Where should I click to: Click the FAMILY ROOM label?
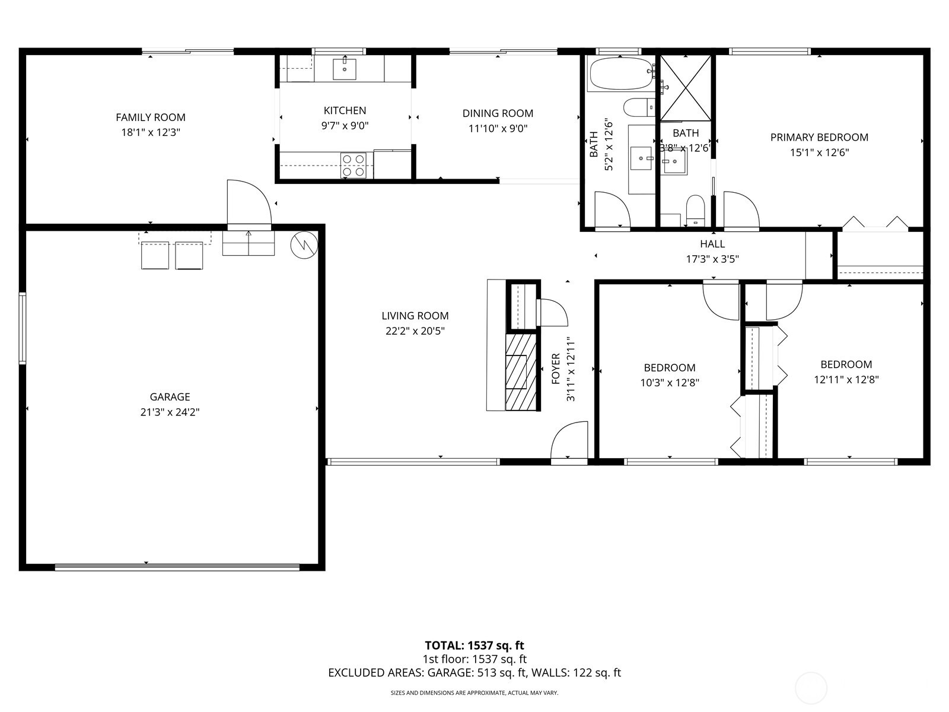150,117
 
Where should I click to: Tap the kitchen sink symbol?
345,69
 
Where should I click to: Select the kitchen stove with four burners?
354,166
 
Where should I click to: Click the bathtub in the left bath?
620,74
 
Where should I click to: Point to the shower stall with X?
685,88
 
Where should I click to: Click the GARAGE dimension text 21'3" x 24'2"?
170,412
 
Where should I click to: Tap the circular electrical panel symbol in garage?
304,244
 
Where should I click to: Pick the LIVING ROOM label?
415,316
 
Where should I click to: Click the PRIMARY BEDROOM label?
819,138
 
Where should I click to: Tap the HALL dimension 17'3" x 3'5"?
712,259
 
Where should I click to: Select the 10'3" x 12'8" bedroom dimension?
669,383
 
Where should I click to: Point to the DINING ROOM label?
498,113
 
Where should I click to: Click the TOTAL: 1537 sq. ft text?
474,646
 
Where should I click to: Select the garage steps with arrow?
248,243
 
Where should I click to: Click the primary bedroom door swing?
740,211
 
